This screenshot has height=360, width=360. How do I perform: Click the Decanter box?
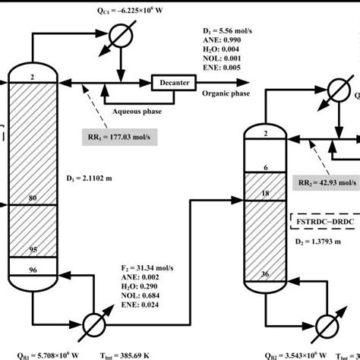coord(173,82)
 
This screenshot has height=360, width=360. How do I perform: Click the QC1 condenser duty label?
coord(101,11)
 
